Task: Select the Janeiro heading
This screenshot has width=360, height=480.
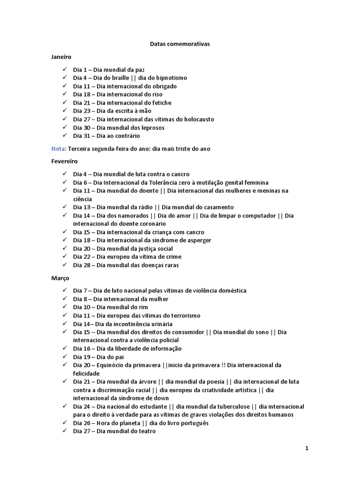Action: point(61,57)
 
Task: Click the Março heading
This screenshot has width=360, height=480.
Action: point(60,278)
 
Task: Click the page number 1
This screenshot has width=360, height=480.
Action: point(307,448)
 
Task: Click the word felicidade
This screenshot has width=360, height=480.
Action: point(86,374)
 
